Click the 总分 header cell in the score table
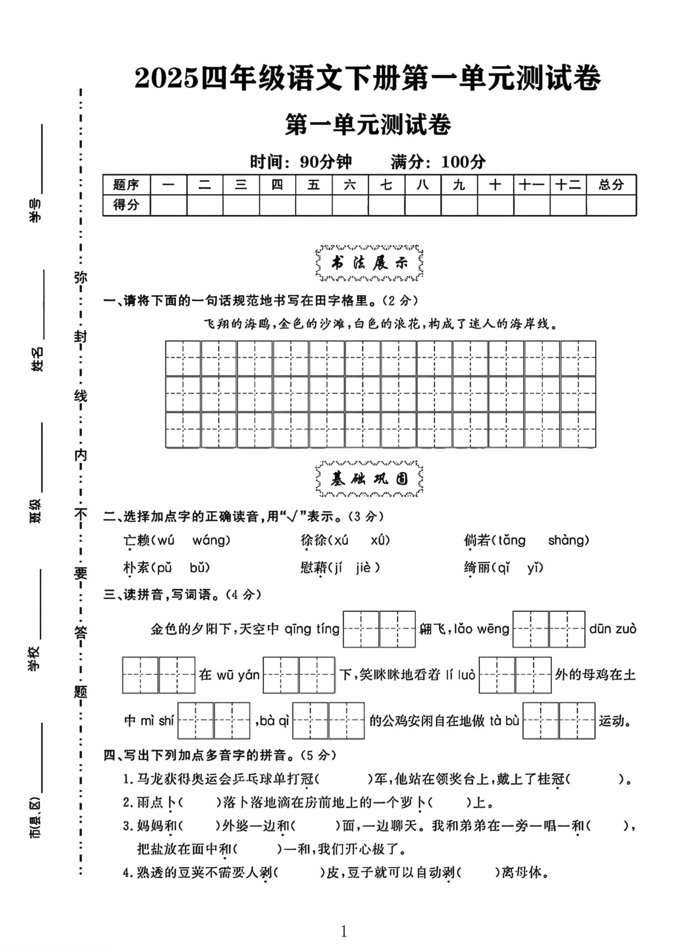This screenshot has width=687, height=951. point(611,184)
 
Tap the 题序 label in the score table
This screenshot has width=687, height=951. point(126,184)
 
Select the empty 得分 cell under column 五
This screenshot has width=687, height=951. point(313,205)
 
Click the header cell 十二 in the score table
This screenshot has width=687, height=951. point(568,184)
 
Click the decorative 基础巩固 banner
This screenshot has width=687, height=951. point(369,479)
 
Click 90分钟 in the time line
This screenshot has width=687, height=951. point(326,162)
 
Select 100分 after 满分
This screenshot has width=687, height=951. point(463,162)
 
